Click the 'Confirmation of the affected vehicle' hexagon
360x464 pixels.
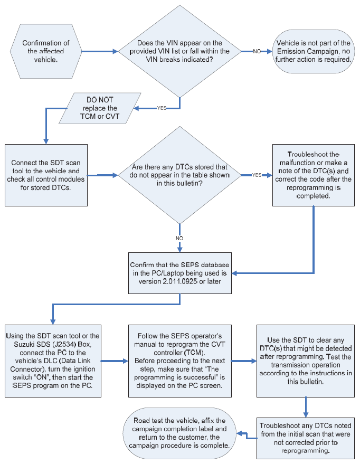[x=46, y=51]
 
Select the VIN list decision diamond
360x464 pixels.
[x=179, y=51]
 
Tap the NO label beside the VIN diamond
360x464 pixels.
[x=257, y=51]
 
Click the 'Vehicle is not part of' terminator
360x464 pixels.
[x=313, y=51]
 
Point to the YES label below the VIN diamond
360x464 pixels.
[x=162, y=108]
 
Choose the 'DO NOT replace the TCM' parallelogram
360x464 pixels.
[x=100, y=108]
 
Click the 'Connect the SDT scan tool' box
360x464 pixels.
[x=46, y=175]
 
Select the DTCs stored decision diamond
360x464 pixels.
[x=179, y=175]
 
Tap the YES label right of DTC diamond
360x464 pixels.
[x=257, y=175]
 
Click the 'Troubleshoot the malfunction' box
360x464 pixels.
[x=313, y=175]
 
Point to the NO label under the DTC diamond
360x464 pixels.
[x=179, y=238]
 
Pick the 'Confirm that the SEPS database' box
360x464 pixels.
[x=180, y=273]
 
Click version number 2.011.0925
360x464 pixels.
[x=180, y=281]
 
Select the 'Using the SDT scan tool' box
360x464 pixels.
[x=53, y=361]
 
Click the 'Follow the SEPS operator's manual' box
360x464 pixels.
[x=180, y=361]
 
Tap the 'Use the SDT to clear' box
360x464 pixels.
[x=306, y=361]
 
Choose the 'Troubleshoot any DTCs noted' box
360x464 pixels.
[x=306, y=438]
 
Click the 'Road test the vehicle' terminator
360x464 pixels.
[x=179, y=433]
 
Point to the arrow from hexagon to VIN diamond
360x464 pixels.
[x=100, y=52]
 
